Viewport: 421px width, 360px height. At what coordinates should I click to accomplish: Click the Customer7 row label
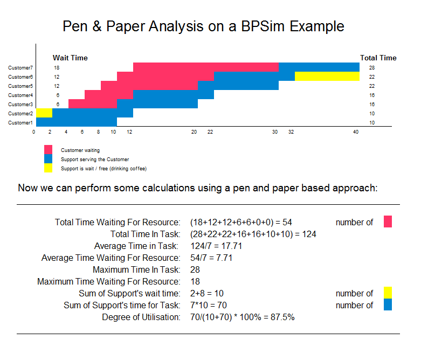tap(20, 68)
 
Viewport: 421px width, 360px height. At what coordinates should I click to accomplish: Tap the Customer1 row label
tap(20, 123)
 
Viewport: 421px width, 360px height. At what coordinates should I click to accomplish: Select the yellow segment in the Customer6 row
tap(327, 77)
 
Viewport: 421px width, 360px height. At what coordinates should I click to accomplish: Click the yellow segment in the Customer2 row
tap(44, 113)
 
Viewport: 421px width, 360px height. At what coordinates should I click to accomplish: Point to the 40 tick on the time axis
tap(356, 132)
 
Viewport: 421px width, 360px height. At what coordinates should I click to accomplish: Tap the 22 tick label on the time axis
tap(210, 132)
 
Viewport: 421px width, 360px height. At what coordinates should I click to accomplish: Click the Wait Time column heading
tap(70, 58)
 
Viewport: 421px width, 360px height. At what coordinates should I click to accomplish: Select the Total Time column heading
tap(378, 58)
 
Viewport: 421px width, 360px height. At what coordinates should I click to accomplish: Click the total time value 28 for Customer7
tap(372, 68)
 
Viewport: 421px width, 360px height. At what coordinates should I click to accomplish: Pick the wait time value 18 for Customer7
tap(57, 68)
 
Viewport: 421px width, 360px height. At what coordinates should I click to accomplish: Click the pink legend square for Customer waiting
tap(49, 150)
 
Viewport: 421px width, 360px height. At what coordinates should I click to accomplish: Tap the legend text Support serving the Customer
tap(95, 160)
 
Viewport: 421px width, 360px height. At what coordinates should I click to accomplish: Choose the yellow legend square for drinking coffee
tap(49, 168)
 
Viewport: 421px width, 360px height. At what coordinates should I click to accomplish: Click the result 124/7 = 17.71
tap(216, 246)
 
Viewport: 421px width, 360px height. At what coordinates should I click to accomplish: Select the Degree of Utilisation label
tap(141, 317)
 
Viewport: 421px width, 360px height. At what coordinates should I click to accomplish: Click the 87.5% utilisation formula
tap(243, 317)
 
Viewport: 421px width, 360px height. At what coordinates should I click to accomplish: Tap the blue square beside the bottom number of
tap(388, 305)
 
